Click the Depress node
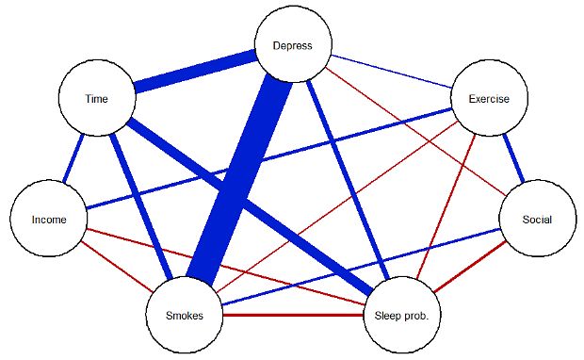[293, 44]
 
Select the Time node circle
[97, 98]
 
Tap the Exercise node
[489, 98]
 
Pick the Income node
[49, 219]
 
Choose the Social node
[538, 219]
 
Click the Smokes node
[185, 316]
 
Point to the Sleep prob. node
[402, 316]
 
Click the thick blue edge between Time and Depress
[195, 72]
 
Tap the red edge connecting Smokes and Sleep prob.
[293, 316]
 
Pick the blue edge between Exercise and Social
[513, 158]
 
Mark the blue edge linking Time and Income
[73, 158]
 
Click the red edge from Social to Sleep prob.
[470, 267]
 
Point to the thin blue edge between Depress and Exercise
[392, 72]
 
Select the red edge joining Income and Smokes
[118, 267]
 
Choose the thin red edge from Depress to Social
[415, 131]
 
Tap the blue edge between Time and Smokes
[140, 206]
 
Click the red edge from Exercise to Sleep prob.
[446, 206]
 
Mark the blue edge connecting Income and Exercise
[268, 158]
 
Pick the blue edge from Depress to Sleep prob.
[348, 180]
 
